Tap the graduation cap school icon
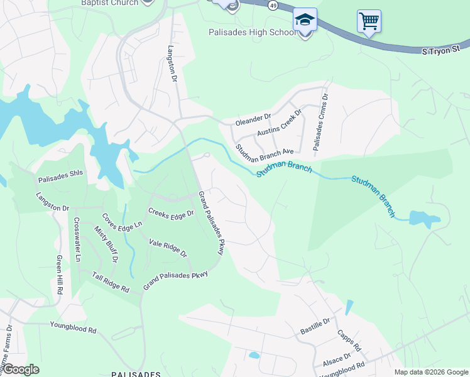coord(305,19)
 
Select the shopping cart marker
coord(369,21)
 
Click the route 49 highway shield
coord(272,5)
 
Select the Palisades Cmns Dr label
coord(320,123)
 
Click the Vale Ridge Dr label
coord(168,248)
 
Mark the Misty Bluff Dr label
coord(106,244)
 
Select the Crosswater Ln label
coord(77,239)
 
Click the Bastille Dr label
coord(316,325)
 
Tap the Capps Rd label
coord(349,340)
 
